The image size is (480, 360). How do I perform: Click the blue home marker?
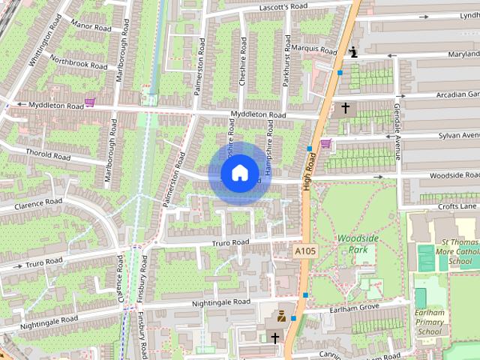[x=238, y=173]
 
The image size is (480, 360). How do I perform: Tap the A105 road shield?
[x=304, y=250]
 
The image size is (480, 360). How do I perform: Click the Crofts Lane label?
[x=457, y=206]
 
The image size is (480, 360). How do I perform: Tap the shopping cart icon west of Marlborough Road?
[x=90, y=102]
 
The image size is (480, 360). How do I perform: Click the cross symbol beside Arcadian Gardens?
[x=345, y=109]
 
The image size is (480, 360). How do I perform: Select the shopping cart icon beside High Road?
[x=325, y=143]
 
